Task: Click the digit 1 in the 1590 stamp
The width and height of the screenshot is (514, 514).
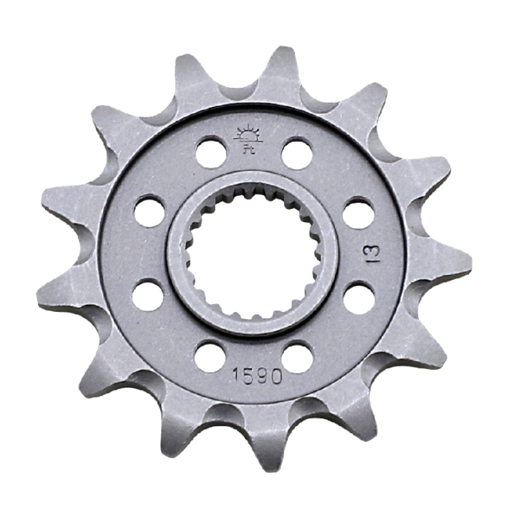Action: pyautogui.click(x=235, y=376)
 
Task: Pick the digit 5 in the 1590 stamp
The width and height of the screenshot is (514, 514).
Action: pyautogui.click(x=248, y=376)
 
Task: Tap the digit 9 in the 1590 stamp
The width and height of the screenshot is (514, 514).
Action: pyautogui.click(x=261, y=376)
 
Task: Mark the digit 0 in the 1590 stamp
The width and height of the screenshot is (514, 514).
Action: pyautogui.click(x=276, y=376)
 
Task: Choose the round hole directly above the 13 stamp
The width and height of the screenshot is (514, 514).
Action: pyautogui.click(x=358, y=213)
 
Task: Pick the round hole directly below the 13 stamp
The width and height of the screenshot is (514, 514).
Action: pyautogui.click(x=358, y=297)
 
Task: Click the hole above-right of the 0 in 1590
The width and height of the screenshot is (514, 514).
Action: pyautogui.click(x=298, y=356)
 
